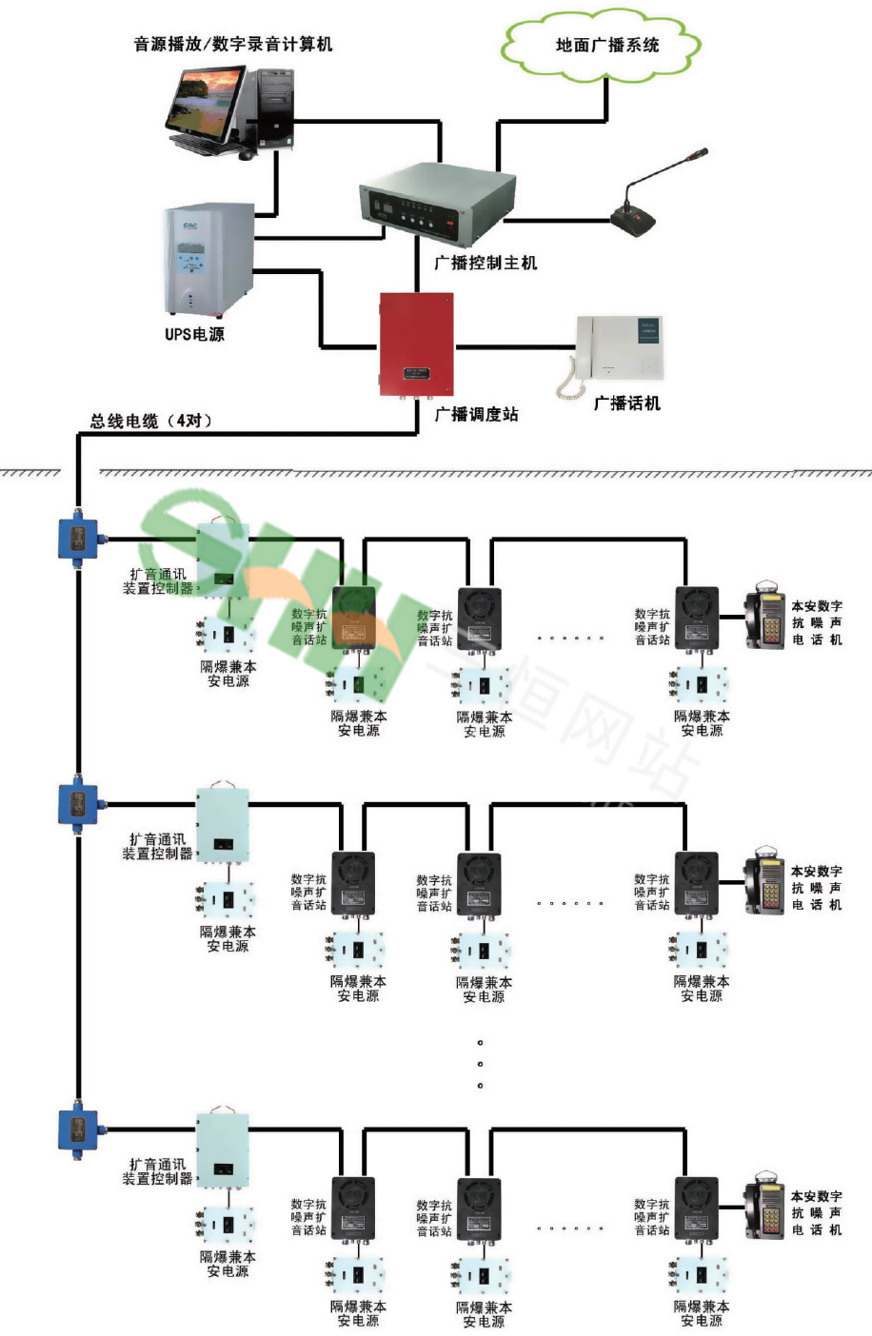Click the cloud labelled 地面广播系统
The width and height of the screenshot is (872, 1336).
point(605,45)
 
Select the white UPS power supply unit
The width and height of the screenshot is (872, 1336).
point(208,260)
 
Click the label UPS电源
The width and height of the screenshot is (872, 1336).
point(194,334)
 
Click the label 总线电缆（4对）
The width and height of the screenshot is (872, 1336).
point(151,421)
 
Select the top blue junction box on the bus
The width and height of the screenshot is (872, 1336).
point(77,538)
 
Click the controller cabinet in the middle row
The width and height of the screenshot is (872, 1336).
point(223,824)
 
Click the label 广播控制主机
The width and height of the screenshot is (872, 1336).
point(485,263)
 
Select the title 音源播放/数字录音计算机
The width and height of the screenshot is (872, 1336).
point(233,44)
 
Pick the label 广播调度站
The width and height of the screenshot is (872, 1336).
point(476,414)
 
